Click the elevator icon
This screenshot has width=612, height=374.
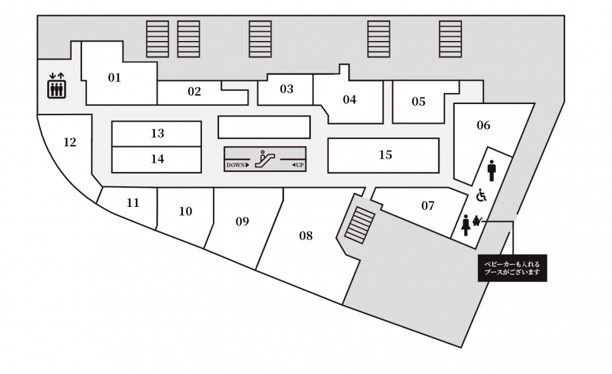[56, 86]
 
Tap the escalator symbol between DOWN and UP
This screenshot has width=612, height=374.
[264, 159]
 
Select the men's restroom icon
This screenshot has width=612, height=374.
[491, 170]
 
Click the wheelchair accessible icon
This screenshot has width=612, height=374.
[482, 195]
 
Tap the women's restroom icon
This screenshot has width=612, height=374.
[465, 225]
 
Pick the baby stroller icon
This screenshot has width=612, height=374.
[477, 221]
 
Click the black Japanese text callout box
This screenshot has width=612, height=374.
[512, 268]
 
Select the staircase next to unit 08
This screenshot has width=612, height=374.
[359, 225]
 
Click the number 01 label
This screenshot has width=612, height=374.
[114, 78]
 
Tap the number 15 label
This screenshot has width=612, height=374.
[385, 155]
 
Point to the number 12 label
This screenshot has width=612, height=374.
[70, 142]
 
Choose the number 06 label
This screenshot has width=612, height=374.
[483, 125]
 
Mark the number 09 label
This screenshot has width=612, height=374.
[242, 222]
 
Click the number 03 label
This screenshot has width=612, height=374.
[286, 89]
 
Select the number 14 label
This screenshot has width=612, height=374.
[157, 159]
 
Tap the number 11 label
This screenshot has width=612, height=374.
[133, 203]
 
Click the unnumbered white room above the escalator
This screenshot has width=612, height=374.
[264, 127]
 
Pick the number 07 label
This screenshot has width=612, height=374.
[428, 205]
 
